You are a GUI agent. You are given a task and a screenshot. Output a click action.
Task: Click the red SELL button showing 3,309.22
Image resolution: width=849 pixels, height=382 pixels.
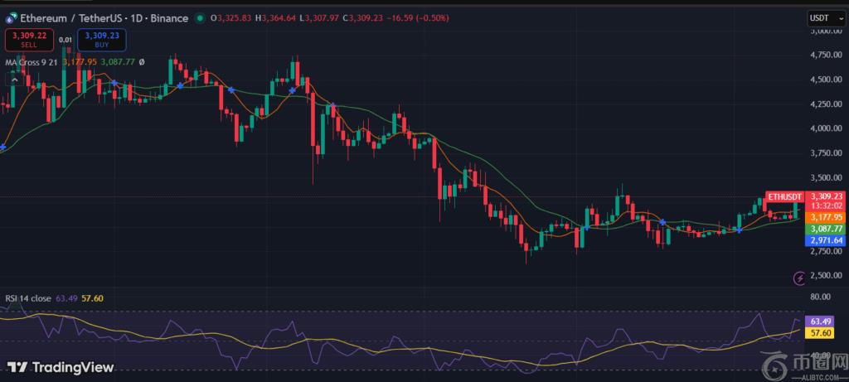(x=29, y=40)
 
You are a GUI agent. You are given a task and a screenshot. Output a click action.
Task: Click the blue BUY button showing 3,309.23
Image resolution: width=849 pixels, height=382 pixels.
(x=101, y=40)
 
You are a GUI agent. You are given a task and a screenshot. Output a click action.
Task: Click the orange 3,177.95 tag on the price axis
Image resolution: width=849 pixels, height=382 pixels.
(x=827, y=217)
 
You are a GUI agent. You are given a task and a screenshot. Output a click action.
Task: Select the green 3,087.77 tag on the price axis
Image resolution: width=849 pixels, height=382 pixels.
(x=827, y=228)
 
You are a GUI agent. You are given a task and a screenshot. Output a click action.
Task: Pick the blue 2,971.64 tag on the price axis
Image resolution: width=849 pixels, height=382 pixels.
(x=827, y=239)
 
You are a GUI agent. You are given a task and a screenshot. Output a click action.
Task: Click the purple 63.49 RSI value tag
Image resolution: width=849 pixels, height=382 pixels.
(x=821, y=321)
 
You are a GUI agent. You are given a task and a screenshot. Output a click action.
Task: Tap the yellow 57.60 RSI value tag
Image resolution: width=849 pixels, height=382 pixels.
(x=821, y=332)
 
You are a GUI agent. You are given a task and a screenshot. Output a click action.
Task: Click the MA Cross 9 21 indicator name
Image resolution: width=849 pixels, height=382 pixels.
(x=34, y=61)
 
